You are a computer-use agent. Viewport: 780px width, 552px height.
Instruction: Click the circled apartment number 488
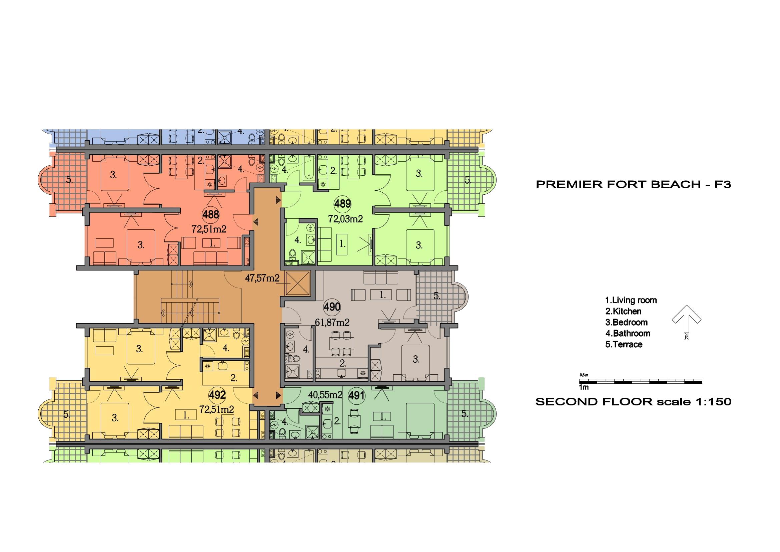pos(211,215)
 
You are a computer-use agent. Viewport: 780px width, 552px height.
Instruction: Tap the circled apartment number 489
pos(342,204)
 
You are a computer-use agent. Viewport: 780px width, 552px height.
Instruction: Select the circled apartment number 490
pos(331,307)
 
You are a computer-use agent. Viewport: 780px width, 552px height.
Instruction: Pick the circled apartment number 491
pos(357,395)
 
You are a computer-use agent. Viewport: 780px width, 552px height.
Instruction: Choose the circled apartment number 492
pos(217,395)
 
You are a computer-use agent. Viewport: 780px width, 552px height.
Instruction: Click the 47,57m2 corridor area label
pos(262,278)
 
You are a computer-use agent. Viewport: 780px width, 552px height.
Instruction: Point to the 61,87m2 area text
pos(332,323)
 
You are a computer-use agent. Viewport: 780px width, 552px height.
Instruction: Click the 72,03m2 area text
pos(345,219)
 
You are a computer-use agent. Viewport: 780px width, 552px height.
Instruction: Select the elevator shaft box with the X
pos(298,283)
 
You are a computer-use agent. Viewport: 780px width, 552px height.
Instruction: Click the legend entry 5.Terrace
pos(624,345)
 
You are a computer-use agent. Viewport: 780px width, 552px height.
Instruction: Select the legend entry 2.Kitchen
pos(623,311)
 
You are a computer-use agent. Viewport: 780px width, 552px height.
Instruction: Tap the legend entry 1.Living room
pos(631,300)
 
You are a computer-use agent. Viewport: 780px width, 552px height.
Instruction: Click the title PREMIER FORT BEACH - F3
pos(633,184)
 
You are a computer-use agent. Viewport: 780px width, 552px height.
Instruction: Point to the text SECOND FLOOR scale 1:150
pos(633,401)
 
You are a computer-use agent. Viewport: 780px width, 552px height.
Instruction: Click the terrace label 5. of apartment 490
pos(437,296)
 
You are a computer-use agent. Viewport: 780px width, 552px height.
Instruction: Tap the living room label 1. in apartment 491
pos(383,416)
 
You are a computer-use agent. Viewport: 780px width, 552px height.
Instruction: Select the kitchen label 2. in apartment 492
pos(234,378)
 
